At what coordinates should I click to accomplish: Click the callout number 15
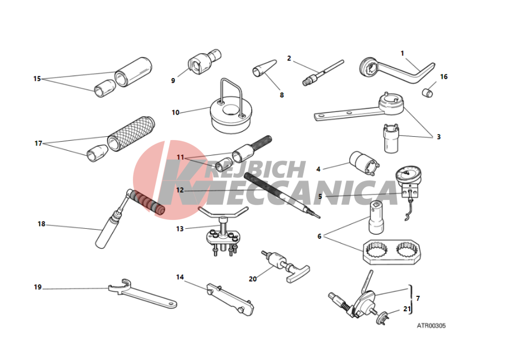37,79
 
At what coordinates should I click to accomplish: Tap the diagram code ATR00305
431,326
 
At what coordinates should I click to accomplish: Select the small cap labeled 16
428,92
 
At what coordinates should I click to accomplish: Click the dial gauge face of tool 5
409,174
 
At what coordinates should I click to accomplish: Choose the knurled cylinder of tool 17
131,135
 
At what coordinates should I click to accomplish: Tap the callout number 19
38,287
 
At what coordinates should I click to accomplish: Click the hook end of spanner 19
125,285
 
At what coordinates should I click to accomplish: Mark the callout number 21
407,309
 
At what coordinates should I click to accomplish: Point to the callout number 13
180,229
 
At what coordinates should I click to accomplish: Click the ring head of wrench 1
368,67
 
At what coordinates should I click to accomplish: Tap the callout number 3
438,137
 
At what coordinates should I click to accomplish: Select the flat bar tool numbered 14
230,300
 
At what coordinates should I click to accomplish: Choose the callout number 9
173,81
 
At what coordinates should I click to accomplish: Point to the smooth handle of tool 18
106,232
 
